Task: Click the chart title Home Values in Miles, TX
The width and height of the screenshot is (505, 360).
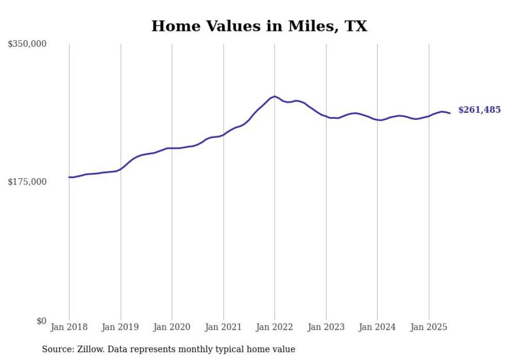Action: (x=259, y=26)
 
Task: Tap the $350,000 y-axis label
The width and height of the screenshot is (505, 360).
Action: (x=27, y=44)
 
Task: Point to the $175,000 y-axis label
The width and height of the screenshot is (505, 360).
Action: (x=27, y=182)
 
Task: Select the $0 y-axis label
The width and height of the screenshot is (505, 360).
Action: (x=41, y=321)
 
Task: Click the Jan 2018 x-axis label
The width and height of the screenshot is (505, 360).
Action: (x=69, y=327)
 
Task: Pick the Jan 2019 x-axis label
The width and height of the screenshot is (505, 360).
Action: (x=121, y=327)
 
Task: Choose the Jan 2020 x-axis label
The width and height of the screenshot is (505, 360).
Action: (x=172, y=327)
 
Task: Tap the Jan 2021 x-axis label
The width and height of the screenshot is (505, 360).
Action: (x=223, y=327)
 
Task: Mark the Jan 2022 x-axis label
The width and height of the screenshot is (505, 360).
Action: (x=275, y=327)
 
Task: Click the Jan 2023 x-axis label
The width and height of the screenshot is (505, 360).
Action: (x=326, y=327)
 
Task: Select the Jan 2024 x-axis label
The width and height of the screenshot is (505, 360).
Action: (x=377, y=327)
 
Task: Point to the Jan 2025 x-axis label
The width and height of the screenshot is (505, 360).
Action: (x=429, y=327)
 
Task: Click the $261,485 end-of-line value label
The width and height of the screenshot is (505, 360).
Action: (x=479, y=110)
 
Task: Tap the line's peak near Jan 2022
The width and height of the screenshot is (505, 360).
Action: (x=275, y=96)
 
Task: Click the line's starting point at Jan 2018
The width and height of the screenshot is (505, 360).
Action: (x=69, y=177)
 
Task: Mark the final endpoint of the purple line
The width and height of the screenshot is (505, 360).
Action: (x=450, y=113)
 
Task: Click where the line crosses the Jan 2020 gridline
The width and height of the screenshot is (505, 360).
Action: (x=172, y=148)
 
